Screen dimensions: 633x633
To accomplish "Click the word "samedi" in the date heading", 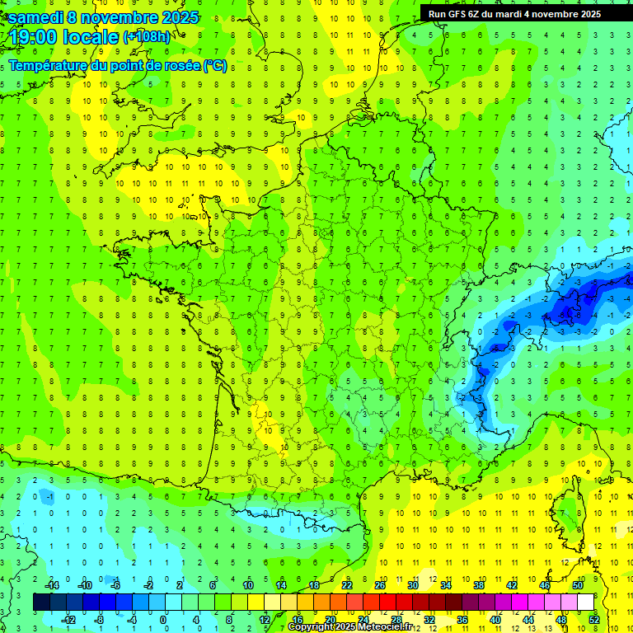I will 35,17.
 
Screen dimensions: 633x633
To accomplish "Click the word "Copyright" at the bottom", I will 312,627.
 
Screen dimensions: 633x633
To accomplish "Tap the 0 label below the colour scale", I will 163,619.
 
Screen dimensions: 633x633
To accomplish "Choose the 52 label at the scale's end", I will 593,619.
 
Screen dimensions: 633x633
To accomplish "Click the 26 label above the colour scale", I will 379,585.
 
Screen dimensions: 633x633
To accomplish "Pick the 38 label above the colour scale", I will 478,585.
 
